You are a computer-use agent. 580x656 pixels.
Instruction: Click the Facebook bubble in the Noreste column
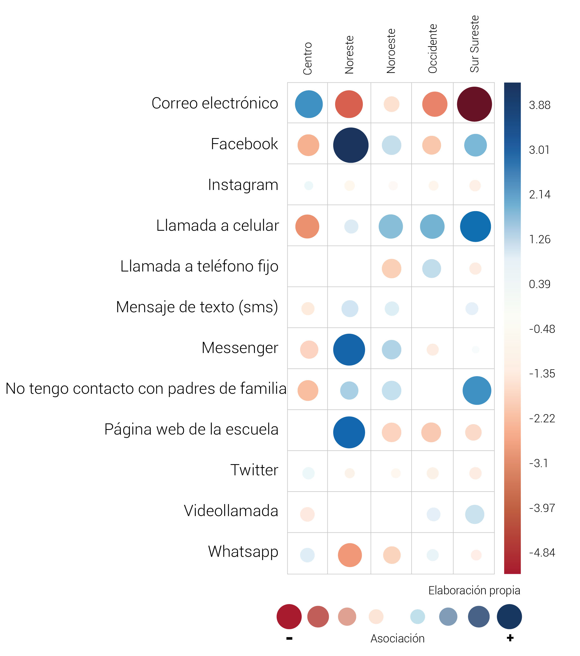(x=351, y=145)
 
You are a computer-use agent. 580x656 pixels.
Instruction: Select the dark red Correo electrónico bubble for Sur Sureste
(x=474, y=104)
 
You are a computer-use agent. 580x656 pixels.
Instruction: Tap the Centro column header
(x=307, y=58)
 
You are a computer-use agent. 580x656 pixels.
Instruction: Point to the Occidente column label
(x=432, y=49)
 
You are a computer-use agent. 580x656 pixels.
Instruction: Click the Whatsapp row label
(x=243, y=551)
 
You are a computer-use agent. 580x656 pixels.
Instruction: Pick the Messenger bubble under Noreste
(x=349, y=349)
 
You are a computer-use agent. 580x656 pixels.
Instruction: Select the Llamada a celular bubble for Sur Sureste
(x=475, y=226)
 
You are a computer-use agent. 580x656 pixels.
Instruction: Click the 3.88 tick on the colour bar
(x=540, y=105)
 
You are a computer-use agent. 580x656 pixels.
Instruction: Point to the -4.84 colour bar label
(x=542, y=553)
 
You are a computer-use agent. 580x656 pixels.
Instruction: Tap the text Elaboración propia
(x=474, y=590)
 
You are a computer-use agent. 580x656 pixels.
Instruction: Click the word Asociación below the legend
(x=397, y=638)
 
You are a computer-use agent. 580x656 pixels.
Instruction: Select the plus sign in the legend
(x=510, y=638)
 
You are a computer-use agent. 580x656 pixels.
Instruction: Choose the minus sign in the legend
(x=289, y=638)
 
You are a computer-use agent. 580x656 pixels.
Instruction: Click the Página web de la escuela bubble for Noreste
(x=349, y=432)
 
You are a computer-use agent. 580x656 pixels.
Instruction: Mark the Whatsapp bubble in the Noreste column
(x=350, y=555)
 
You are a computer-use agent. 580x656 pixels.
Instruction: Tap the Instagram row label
(x=243, y=185)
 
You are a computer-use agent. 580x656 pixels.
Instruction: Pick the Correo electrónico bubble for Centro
(x=308, y=104)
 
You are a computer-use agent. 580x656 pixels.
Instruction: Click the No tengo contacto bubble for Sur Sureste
(x=477, y=390)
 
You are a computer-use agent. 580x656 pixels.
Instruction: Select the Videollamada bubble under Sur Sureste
(x=474, y=514)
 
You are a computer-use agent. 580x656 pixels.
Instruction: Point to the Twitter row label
(x=254, y=470)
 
